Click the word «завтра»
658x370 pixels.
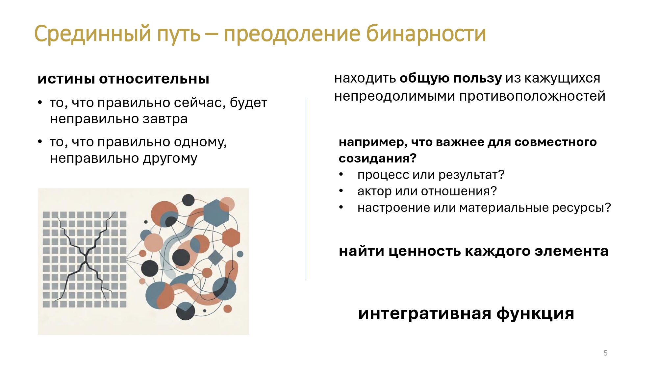click(x=165, y=119)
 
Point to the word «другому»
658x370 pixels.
click(x=170, y=159)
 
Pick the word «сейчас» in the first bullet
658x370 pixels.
click(x=200, y=103)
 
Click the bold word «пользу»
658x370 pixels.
click(x=478, y=79)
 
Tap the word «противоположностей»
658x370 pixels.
click(x=532, y=96)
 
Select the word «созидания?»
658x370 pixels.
click(x=378, y=159)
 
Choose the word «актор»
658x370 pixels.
click(x=374, y=191)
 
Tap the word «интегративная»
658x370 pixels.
click(x=425, y=313)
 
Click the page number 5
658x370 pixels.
click(x=605, y=353)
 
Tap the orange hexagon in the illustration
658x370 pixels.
click(x=231, y=237)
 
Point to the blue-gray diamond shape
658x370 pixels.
click(x=215, y=258)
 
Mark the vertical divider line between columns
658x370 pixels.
click(x=306, y=188)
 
